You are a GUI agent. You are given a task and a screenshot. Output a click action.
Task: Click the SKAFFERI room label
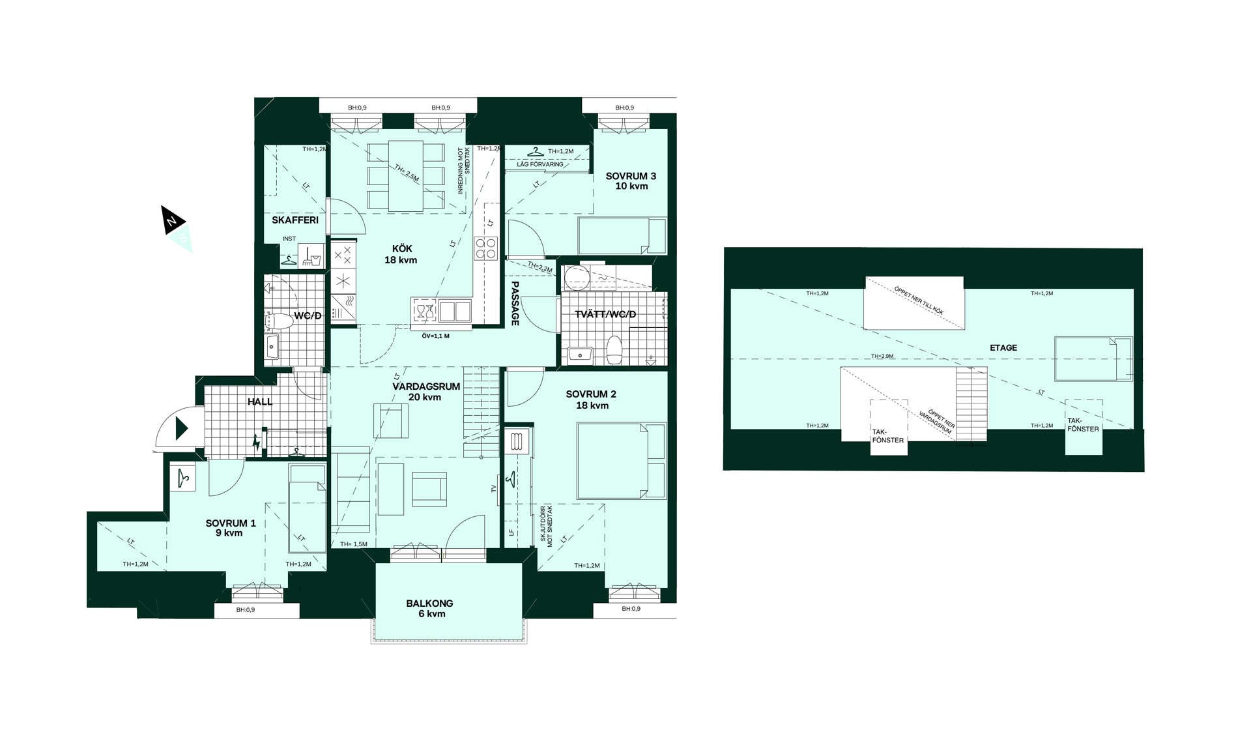(295, 220)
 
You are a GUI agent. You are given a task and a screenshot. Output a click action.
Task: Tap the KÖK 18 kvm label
(401, 254)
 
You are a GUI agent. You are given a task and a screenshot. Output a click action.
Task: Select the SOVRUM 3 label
(631, 181)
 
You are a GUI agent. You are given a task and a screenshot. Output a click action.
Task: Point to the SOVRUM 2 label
(591, 400)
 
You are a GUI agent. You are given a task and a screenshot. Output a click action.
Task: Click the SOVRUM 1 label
(231, 528)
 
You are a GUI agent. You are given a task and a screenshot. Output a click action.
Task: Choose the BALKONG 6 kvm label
(429, 608)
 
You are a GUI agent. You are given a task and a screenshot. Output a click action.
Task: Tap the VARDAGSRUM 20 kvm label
(426, 392)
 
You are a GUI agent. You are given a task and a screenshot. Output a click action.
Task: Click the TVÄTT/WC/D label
(605, 315)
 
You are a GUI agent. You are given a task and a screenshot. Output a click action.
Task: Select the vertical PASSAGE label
(515, 303)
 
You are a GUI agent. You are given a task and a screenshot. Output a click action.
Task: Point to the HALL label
(260, 401)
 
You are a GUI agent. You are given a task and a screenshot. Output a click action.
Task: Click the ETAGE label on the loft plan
(1003, 348)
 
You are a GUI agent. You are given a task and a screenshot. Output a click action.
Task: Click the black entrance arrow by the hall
(182, 429)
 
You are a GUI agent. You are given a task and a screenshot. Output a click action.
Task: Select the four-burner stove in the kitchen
(486, 248)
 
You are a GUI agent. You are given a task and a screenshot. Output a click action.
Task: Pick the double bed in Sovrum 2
(622, 461)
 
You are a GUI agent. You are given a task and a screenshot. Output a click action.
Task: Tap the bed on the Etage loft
(1093, 358)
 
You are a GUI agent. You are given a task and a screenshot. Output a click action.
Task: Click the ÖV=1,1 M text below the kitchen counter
(435, 336)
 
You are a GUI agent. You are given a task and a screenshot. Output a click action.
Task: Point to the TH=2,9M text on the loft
(882, 357)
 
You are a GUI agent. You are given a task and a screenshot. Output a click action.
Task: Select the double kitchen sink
(455, 312)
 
